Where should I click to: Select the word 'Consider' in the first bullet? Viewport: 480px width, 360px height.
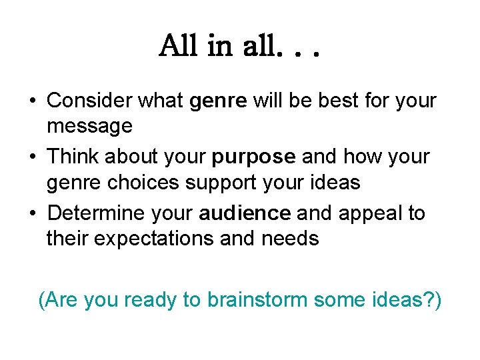click(92, 101)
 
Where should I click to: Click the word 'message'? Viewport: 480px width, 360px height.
click(89, 125)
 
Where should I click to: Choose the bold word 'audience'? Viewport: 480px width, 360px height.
click(245, 213)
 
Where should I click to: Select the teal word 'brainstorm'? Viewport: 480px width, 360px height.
click(257, 300)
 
